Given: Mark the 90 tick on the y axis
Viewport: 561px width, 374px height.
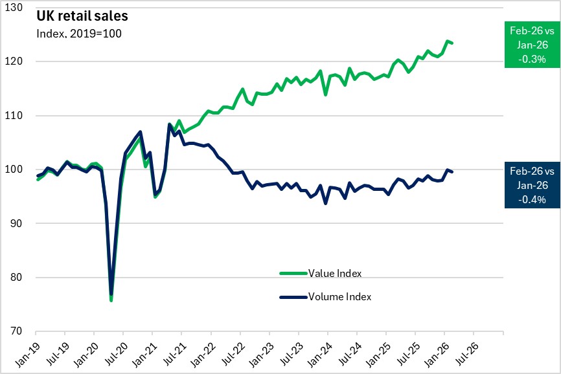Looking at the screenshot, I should [24, 224].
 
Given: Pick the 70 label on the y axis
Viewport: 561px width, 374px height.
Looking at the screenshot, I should [24, 332].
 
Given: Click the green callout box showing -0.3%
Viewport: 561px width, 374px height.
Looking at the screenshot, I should [532, 44].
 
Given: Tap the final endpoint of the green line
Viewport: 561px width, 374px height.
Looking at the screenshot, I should [452, 43].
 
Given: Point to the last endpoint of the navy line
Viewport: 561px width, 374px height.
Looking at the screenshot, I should [452, 171].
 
